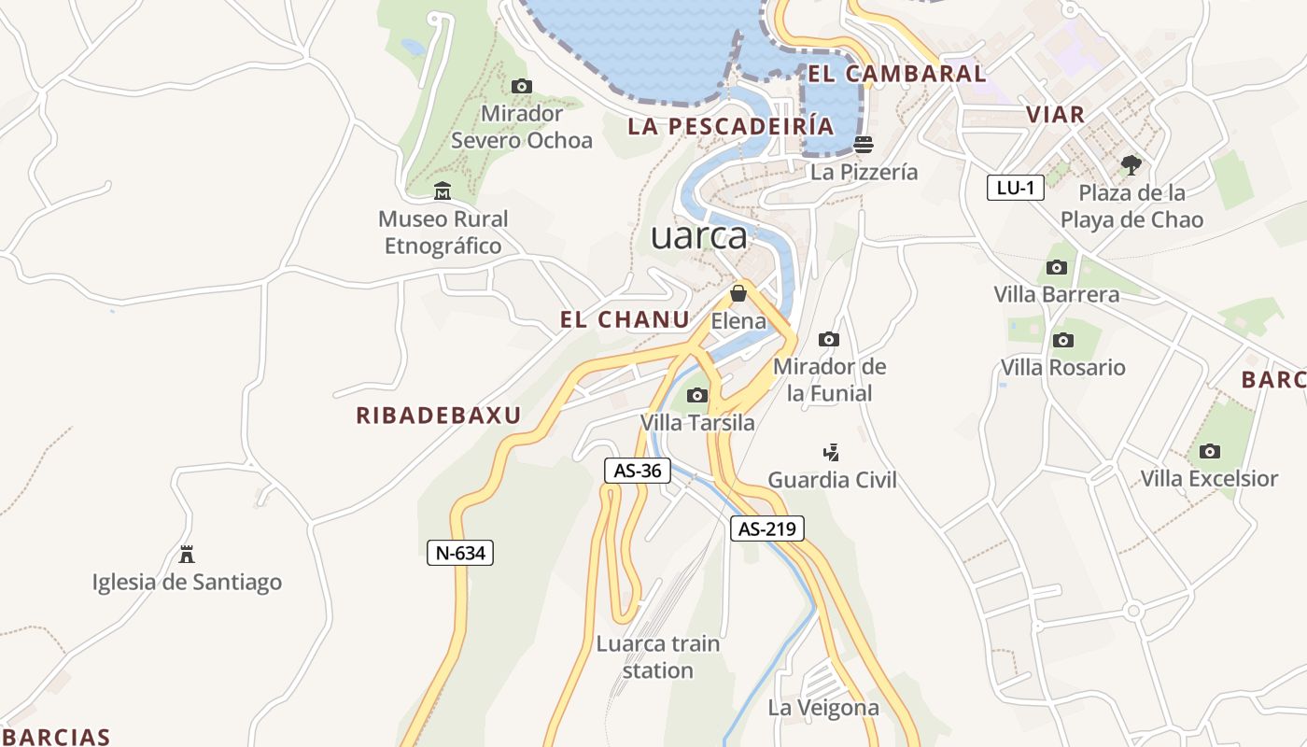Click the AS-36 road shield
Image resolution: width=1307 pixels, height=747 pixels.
point(638,471)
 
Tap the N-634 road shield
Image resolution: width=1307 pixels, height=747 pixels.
point(460,553)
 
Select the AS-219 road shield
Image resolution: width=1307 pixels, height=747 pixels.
point(766,529)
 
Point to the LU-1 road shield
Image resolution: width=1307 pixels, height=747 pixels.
point(1015,188)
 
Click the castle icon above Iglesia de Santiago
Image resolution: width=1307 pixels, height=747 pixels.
point(187,555)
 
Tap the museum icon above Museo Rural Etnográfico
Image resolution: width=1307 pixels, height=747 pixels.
point(443,192)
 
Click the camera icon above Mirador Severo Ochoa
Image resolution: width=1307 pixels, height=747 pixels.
point(522,87)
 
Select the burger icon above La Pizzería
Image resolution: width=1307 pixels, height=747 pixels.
point(864,145)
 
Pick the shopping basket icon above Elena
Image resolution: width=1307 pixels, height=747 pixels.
point(738,294)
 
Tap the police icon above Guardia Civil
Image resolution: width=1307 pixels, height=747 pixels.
point(831,453)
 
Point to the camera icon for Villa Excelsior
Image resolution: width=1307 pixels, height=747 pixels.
point(1210,452)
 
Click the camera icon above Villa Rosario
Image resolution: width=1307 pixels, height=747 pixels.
point(1062,340)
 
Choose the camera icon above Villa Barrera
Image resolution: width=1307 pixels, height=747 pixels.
point(1057,268)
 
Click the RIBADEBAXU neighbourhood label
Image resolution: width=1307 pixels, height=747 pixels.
point(438,416)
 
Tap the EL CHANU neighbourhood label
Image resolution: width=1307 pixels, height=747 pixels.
point(625,319)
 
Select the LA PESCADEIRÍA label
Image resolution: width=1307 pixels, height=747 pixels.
point(731,126)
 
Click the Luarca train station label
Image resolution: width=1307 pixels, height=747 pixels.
point(658,656)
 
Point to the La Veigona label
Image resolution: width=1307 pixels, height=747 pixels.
point(823,708)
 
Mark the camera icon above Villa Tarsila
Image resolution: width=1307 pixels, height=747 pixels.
point(697,396)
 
